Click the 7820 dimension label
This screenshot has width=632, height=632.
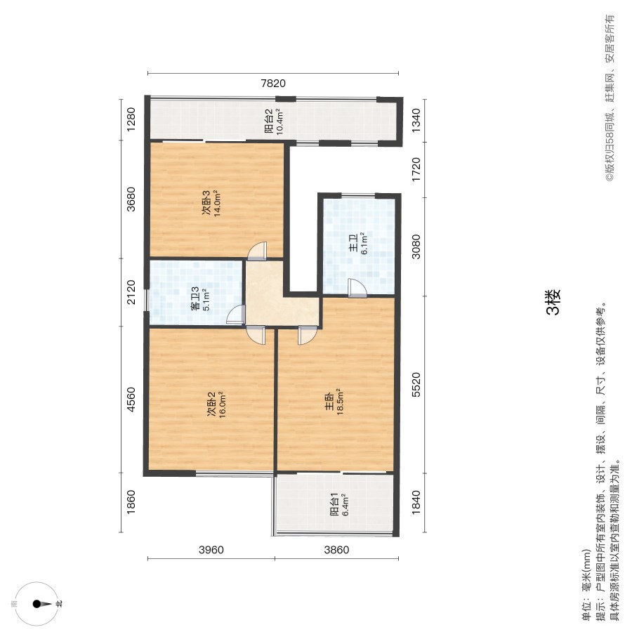coord(273,84)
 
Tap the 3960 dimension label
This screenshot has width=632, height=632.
coord(211,550)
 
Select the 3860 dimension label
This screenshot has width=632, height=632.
coord(336,550)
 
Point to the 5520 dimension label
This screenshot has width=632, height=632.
coord(416,385)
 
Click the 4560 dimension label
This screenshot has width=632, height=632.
coord(131,400)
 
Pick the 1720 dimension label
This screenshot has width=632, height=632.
coord(416,169)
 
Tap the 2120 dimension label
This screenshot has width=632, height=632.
coord(131,292)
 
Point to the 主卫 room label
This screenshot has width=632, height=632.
coord(353,243)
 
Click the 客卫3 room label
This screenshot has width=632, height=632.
coord(195,298)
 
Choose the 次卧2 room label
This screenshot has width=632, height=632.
coord(211,404)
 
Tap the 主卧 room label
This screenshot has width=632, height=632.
coord(329,402)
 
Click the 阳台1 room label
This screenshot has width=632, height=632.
coord(334,504)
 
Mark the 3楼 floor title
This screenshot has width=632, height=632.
coord(553,302)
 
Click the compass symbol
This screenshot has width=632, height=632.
coord(37,604)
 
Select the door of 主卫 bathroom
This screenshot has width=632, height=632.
coord(357,288)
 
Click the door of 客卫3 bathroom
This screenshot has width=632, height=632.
coord(236,315)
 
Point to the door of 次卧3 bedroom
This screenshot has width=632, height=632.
coord(257,251)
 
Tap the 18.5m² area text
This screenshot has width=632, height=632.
coord(340,402)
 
